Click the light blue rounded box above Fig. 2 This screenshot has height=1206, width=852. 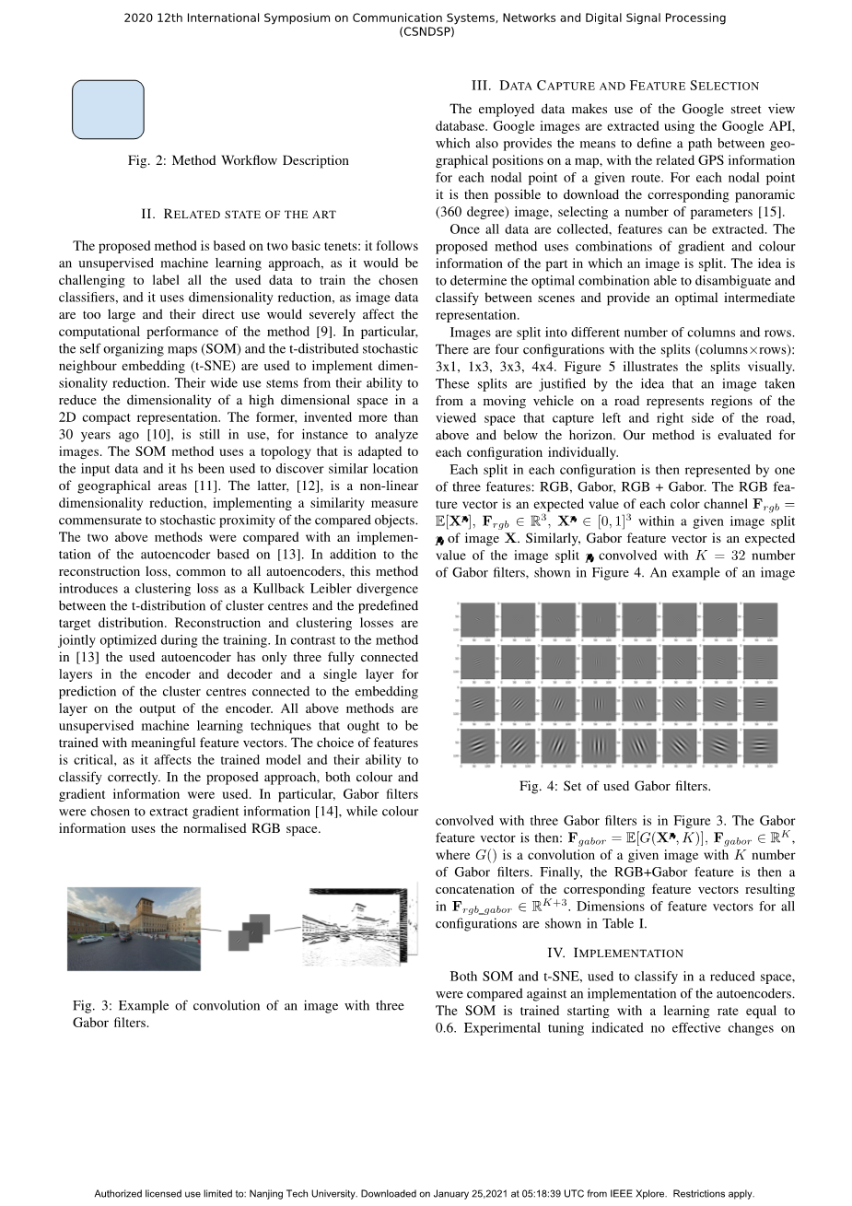(108, 110)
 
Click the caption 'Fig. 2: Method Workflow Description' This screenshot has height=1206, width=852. (238, 160)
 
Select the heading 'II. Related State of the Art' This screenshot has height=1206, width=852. (238, 214)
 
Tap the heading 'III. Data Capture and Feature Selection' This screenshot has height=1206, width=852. (614, 86)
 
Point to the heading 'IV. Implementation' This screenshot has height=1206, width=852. (614, 953)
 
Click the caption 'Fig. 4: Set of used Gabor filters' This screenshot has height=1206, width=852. (614, 786)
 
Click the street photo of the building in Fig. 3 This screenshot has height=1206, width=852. (134, 928)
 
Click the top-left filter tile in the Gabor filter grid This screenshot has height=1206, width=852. (479, 620)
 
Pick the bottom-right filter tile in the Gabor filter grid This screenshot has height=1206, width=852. (760, 747)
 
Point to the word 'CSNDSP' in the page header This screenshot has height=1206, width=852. (426, 31)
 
